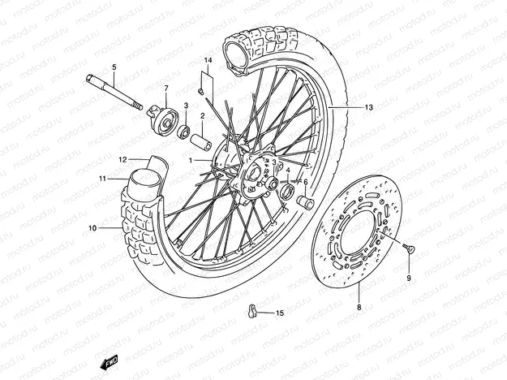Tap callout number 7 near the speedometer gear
pos(166,88)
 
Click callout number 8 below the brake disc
pos(359,309)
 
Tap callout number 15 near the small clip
pos(280,313)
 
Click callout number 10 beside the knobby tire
pos(92,228)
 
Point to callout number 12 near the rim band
pos(123,159)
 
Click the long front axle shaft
pos(114,91)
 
